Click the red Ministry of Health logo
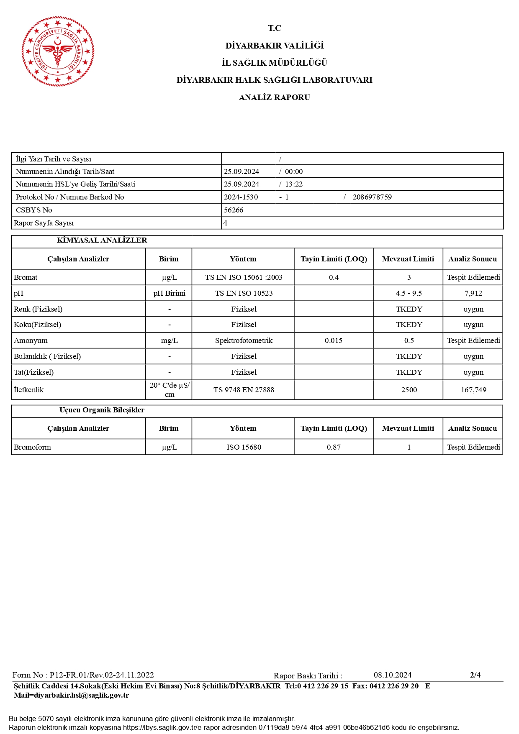[x=58, y=51]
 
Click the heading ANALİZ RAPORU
[x=274, y=97]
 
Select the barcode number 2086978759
[x=372, y=197]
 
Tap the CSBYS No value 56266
[x=234, y=210]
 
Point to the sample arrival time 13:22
[x=294, y=184]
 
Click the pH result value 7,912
[x=473, y=293]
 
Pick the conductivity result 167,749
[x=473, y=390]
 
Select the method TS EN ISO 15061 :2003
[x=244, y=277]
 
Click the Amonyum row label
[x=31, y=340]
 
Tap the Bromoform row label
[x=32, y=447]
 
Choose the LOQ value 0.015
[x=333, y=340]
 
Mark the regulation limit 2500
[x=409, y=390]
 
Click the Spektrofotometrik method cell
[x=244, y=340]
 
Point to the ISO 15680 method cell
[x=244, y=447]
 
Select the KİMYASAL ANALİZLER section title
[x=102, y=240]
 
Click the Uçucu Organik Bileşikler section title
[x=102, y=410]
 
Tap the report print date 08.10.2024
[x=393, y=675]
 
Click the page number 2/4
[x=475, y=675]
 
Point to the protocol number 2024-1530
[x=241, y=197]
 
